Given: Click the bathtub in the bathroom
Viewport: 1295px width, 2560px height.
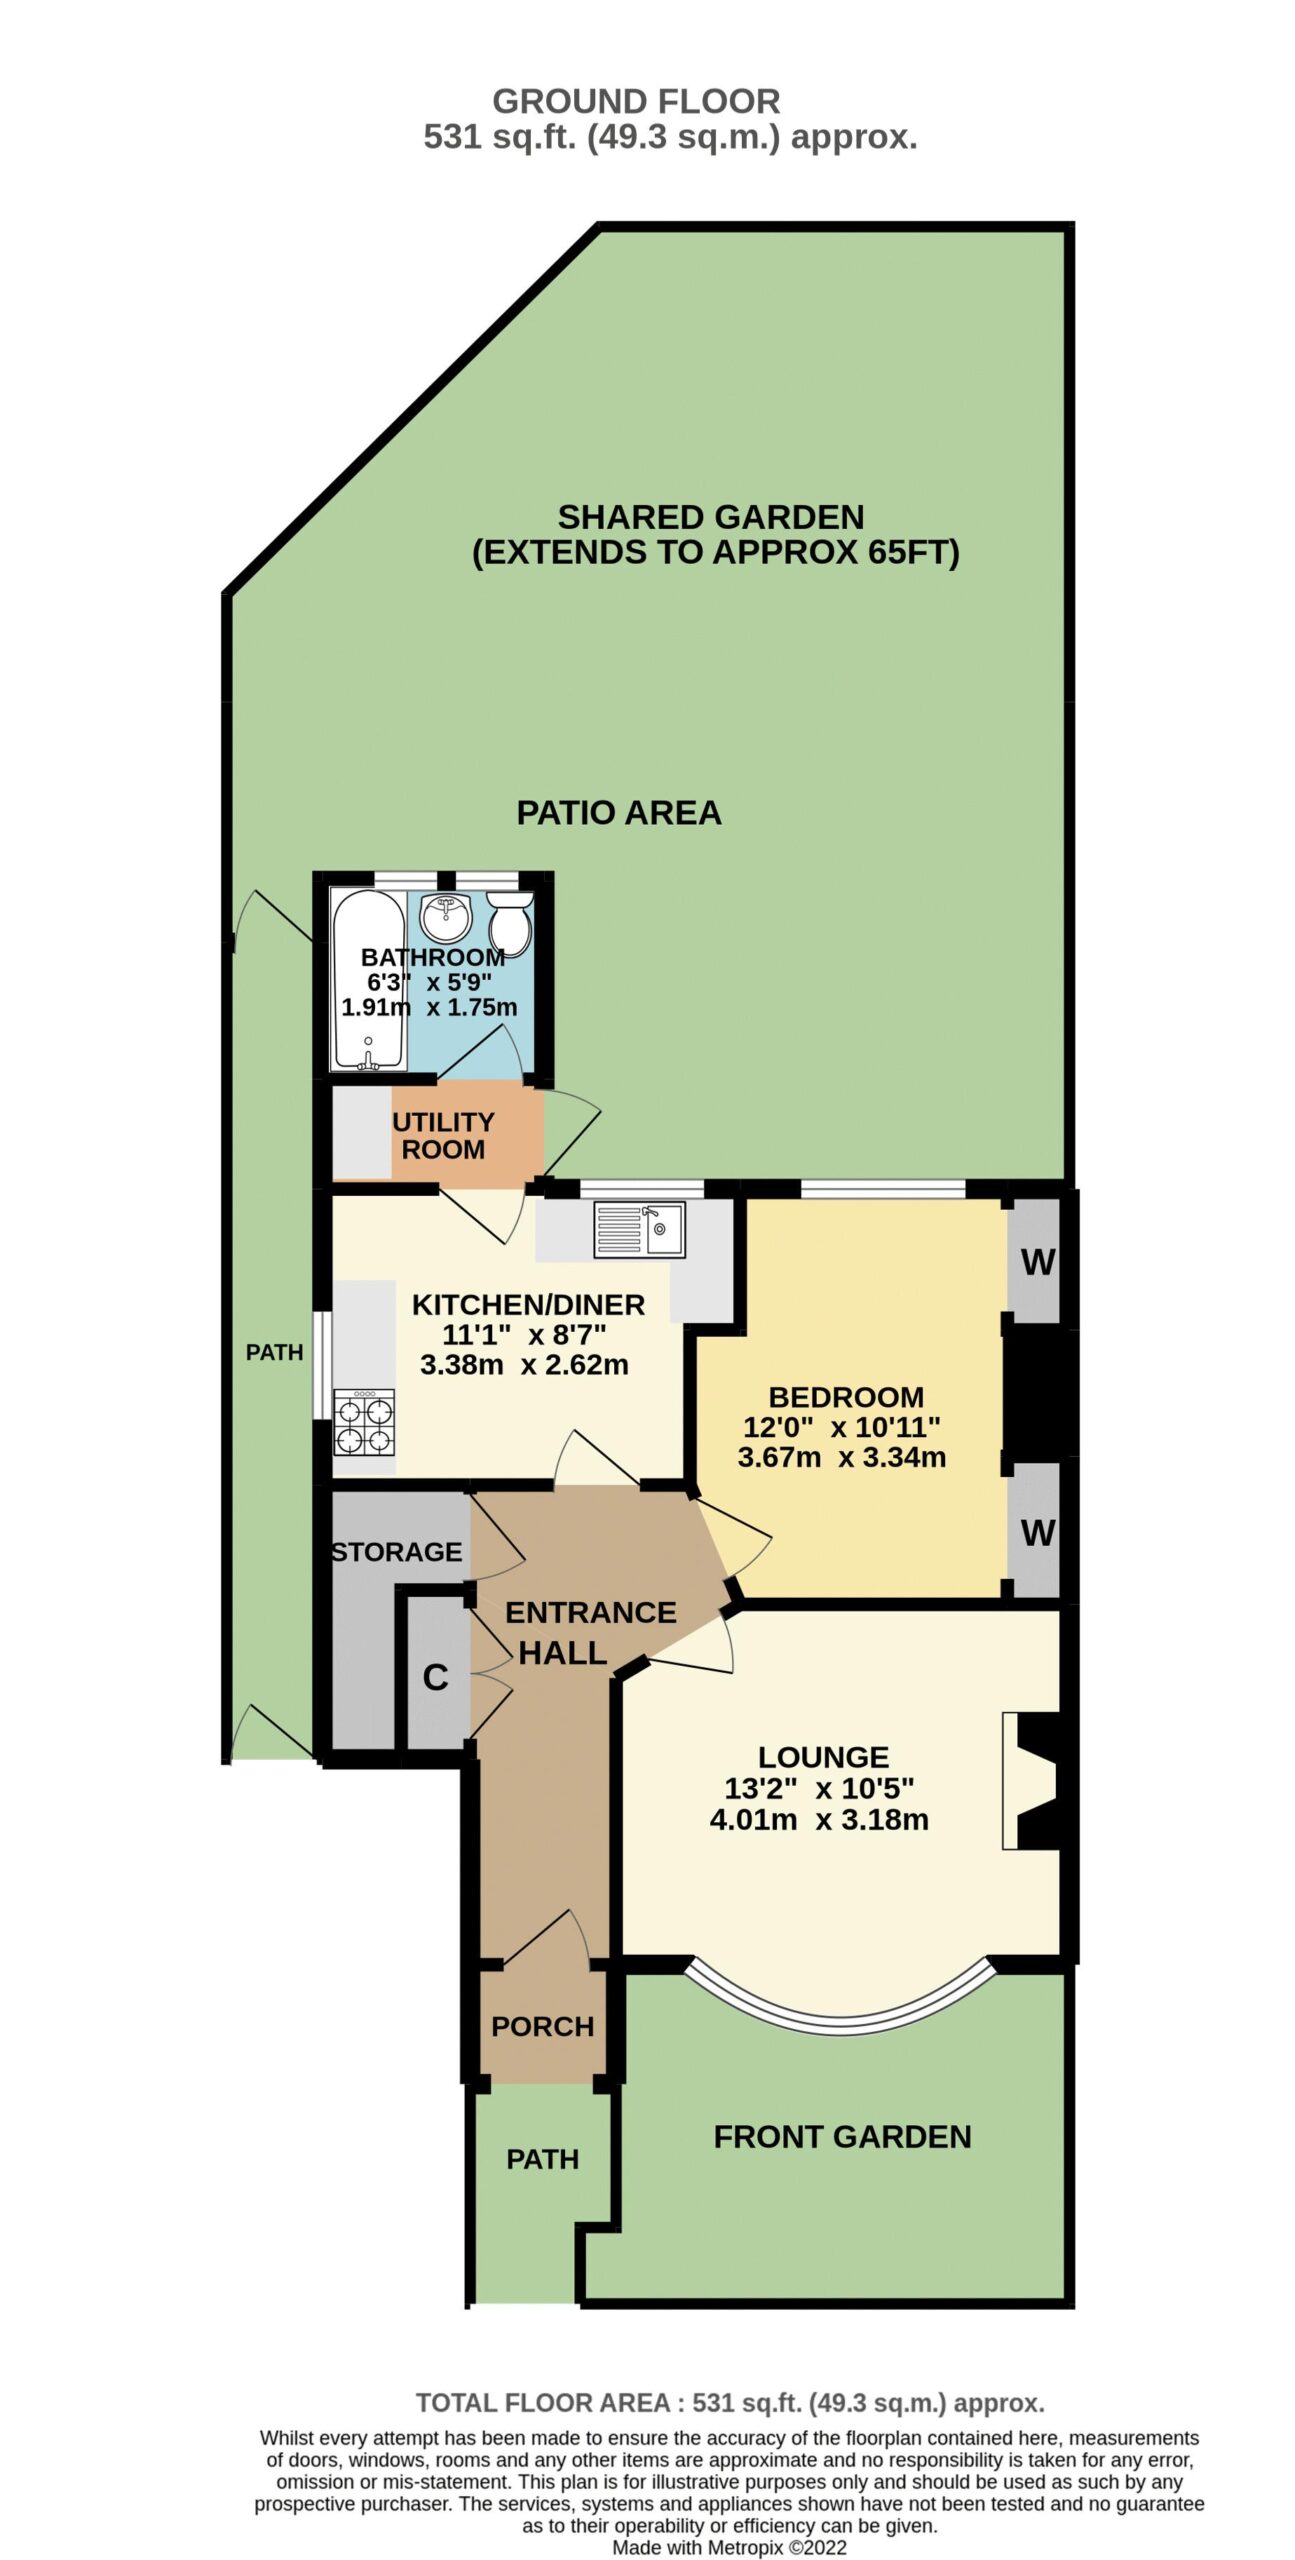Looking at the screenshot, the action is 369,978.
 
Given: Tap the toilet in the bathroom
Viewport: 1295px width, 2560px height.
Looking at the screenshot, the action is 511,922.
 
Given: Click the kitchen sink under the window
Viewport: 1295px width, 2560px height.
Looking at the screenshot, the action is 639,1229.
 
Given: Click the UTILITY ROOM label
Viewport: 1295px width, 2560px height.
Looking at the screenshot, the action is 443,1135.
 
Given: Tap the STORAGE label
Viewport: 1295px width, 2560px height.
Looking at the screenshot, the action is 397,1551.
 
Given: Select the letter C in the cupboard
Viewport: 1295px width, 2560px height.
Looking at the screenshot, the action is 435,1677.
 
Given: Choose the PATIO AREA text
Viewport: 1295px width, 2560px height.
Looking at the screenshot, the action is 619,812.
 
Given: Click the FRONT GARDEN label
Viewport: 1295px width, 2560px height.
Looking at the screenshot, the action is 842,2137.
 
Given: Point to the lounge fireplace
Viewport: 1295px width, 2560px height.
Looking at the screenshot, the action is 1034,1780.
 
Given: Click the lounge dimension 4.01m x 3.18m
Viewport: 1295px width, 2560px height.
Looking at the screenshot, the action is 819,1819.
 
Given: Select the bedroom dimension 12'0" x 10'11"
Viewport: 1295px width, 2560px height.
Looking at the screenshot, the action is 842,1427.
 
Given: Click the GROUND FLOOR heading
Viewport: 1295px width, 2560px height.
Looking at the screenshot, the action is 636,101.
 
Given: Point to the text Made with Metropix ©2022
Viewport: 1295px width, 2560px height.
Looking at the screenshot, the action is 729,2547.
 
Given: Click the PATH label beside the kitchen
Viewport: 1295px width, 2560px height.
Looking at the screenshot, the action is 274,1352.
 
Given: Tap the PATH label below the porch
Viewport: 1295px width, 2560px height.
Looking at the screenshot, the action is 542,2159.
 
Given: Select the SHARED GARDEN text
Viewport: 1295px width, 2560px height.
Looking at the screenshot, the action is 710,517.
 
